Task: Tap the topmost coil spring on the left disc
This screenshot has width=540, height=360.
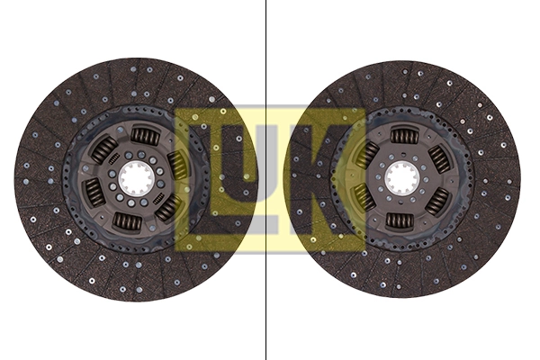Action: coord(145,136)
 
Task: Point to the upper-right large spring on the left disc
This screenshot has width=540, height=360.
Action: coord(177,165)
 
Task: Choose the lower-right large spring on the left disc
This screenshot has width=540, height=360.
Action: coord(167,208)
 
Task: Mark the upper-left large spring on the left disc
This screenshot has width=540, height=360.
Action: coord(103,149)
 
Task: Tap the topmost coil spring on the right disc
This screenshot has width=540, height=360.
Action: coord(404,136)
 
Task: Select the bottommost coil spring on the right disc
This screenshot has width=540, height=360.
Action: coord(400,221)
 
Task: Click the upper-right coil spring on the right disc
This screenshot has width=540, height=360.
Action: coord(439,158)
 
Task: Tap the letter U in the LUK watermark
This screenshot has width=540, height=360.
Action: coord(265,180)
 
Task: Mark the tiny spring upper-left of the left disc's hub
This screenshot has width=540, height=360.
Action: coord(114,159)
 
